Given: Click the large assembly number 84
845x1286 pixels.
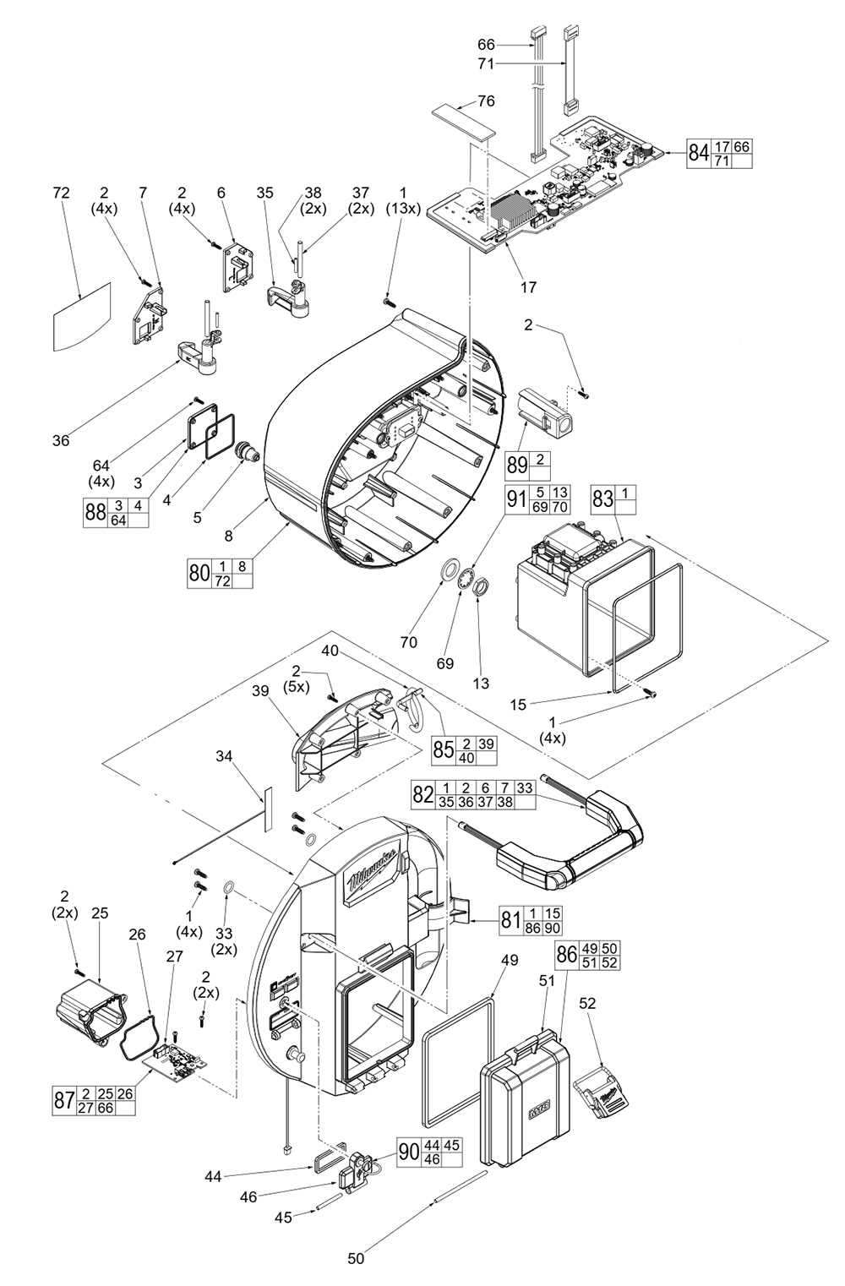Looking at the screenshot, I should (x=698, y=154).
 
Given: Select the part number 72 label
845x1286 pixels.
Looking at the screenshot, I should (x=60, y=193).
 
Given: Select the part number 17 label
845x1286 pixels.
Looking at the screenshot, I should (x=528, y=287).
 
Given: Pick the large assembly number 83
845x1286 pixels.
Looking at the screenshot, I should (x=602, y=499).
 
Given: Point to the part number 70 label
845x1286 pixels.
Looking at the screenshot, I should (x=409, y=642).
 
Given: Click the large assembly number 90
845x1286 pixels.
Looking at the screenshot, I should (x=409, y=1152).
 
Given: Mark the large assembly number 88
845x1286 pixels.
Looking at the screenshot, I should (x=95, y=513).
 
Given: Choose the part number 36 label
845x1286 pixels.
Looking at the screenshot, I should (x=61, y=440).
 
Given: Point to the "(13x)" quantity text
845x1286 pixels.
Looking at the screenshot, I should (x=402, y=210).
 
